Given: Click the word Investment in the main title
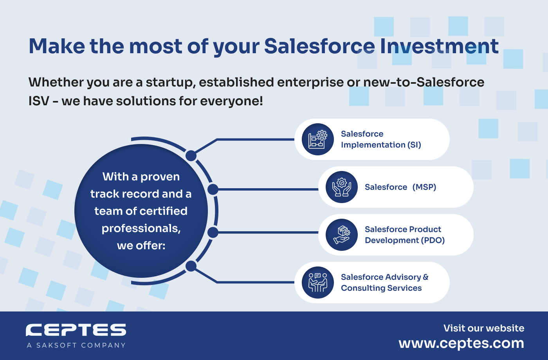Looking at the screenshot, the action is (439, 46).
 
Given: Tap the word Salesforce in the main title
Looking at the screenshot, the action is (319, 46).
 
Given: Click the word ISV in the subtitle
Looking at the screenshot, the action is (39, 101).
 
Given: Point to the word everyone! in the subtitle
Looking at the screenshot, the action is (231, 101).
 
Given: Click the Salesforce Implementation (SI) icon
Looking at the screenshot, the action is (317, 139).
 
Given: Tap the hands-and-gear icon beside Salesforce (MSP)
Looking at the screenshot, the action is (341, 187).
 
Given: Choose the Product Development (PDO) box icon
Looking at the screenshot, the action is (341, 235).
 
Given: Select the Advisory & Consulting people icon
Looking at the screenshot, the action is (317, 283).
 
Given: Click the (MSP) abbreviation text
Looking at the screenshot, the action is (424, 187).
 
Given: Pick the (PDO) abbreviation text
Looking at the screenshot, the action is (433, 240).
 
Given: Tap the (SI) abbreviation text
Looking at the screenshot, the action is (414, 145).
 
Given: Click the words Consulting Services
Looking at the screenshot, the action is (381, 288).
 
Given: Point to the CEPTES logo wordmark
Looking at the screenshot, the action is (76, 330).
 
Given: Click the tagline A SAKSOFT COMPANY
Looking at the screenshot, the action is (76, 345).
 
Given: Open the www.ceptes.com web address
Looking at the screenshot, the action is (461, 344).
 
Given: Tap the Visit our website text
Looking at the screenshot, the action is (484, 328).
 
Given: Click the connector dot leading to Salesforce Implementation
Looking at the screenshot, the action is (191, 156).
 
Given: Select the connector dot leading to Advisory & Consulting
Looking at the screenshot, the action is (191, 266).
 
